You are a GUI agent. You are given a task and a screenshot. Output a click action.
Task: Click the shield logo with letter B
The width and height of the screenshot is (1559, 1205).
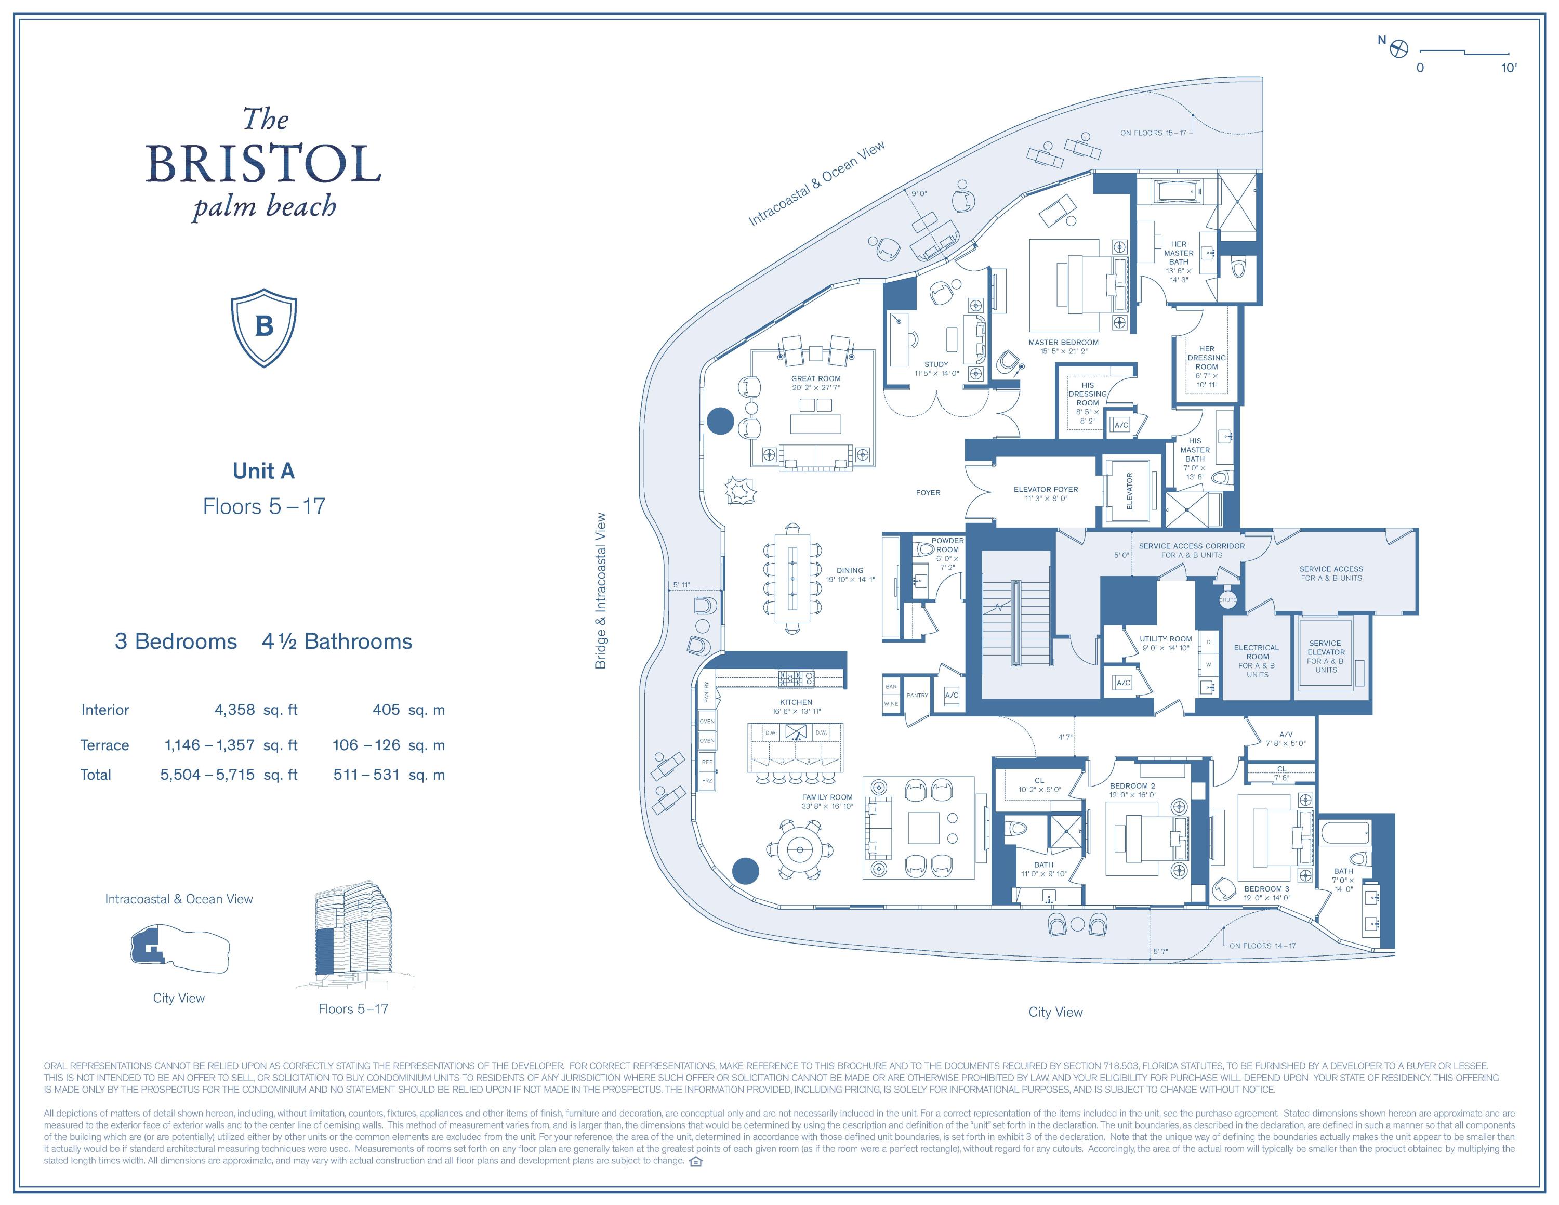(x=263, y=328)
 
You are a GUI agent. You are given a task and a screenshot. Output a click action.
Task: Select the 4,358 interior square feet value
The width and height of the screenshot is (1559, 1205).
(x=234, y=710)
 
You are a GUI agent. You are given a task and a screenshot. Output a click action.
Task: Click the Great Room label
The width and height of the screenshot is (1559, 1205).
(x=815, y=378)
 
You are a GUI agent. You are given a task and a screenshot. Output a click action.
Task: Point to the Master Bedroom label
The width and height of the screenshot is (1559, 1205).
(x=1063, y=343)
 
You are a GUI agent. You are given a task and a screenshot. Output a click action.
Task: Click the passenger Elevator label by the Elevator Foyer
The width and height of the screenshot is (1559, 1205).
(x=1129, y=491)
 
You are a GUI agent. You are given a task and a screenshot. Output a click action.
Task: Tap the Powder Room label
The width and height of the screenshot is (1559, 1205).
(x=947, y=545)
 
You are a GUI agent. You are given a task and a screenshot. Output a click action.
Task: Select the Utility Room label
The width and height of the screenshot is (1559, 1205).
(x=1166, y=639)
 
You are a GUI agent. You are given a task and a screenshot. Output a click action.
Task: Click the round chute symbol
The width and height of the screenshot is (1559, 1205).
(x=1227, y=600)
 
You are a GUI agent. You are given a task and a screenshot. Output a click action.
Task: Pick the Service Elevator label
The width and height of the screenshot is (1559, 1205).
(x=1326, y=652)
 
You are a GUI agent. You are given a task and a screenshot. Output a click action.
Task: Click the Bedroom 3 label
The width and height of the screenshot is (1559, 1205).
(x=1266, y=889)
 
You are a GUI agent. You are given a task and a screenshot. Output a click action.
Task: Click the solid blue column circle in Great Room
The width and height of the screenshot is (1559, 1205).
(x=720, y=421)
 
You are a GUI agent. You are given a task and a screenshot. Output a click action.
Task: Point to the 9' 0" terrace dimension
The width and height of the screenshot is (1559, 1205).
(x=919, y=193)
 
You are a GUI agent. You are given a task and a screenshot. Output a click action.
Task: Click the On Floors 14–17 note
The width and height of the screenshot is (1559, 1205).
(x=1261, y=946)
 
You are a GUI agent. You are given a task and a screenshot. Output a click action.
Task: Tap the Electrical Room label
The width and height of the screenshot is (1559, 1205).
(x=1257, y=657)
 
